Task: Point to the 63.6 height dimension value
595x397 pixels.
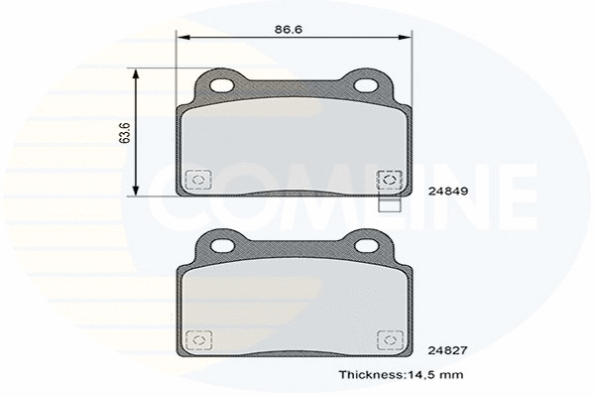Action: [124, 132]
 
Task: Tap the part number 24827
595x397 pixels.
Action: [447, 349]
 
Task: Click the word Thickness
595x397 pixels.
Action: [369, 375]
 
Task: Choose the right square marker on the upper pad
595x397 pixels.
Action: [390, 180]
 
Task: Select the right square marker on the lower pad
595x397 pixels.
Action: [390, 338]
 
